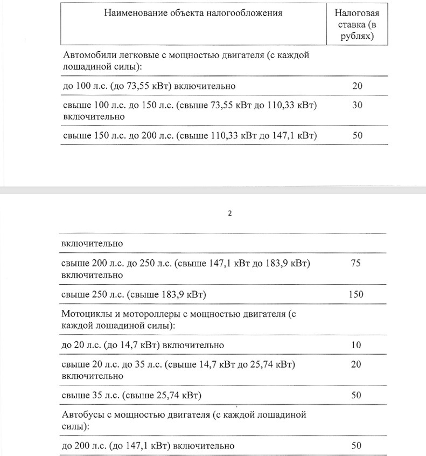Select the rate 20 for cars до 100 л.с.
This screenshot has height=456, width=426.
(x=358, y=86)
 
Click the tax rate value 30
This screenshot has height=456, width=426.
(x=358, y=106)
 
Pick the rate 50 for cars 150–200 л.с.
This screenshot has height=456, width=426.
(x=358, y=135)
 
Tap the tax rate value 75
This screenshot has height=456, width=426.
(x=355, y=264)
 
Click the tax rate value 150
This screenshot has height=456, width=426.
(x=355, y=294)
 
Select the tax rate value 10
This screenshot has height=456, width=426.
(x=355, y=345)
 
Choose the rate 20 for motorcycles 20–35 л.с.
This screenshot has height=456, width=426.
(x=355, y=365)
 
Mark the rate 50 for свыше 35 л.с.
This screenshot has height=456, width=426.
(x=355, y=396)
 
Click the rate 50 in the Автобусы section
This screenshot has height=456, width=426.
(x=355, y=446)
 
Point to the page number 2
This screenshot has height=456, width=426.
(x=229, y=213)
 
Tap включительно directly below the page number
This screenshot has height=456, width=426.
(x=93, y=244)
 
